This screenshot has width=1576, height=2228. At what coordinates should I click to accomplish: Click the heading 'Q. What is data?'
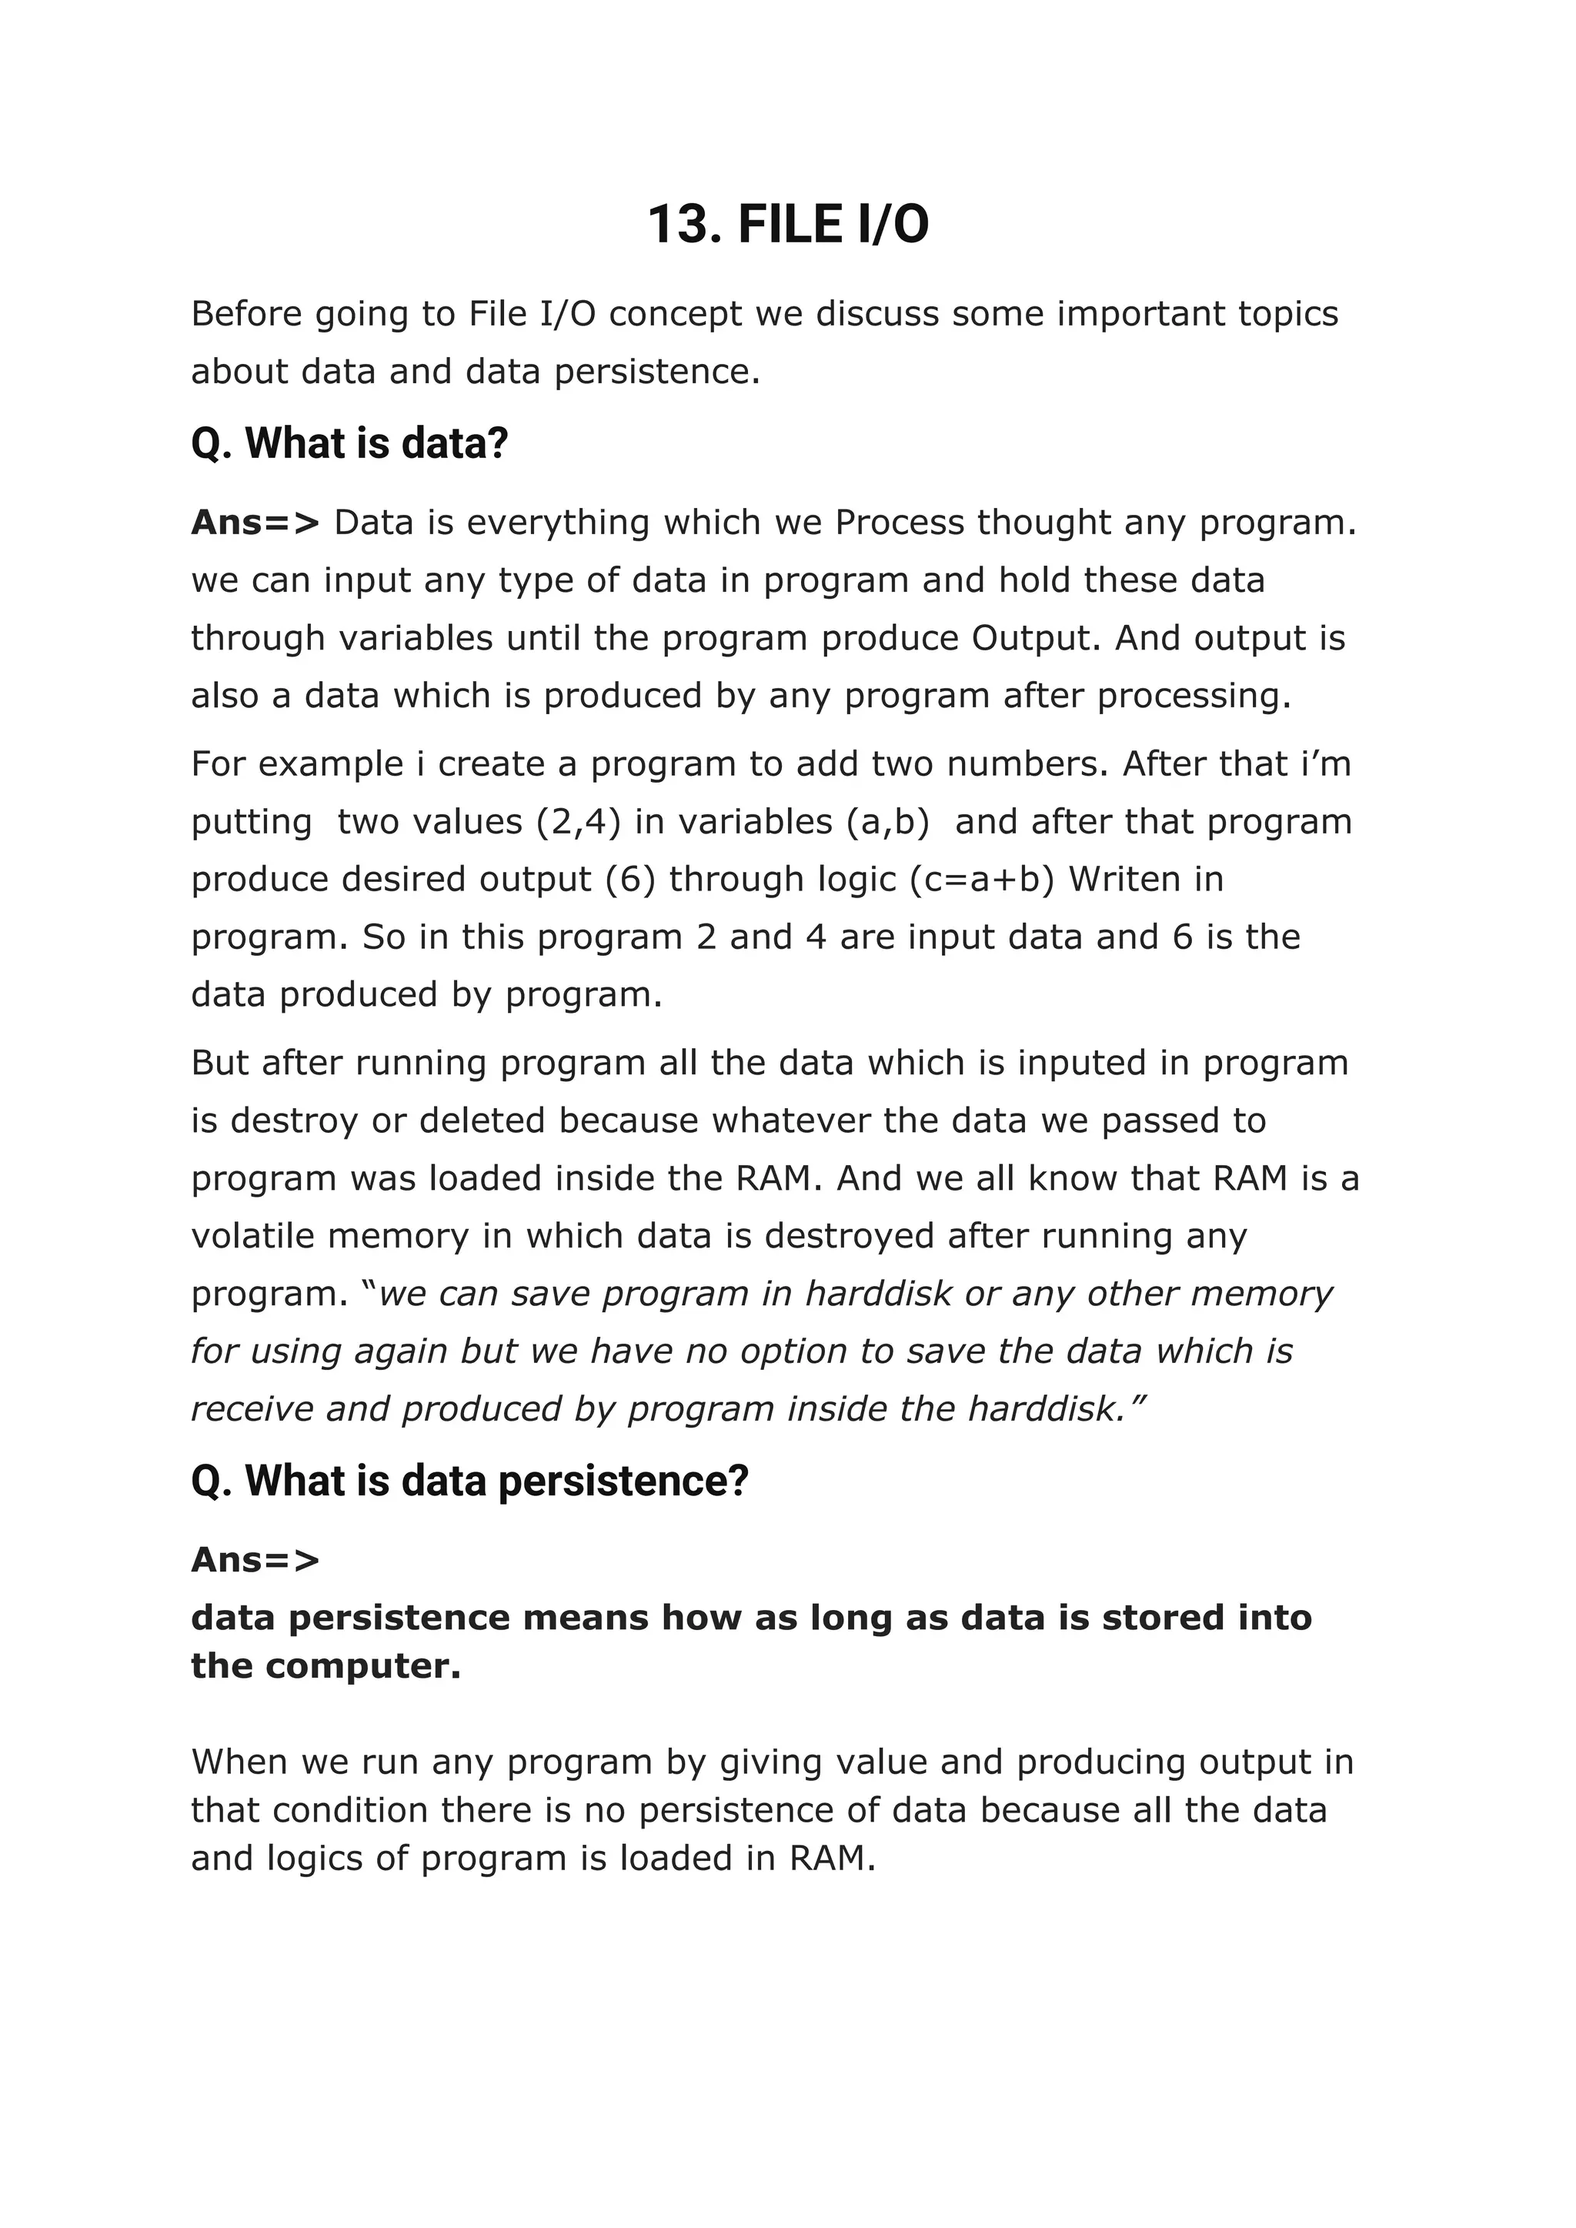pos(349,443)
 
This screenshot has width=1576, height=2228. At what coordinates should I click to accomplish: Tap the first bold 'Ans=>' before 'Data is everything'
pos(254,523)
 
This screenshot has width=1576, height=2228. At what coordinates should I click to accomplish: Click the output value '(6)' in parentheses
pos(631,879)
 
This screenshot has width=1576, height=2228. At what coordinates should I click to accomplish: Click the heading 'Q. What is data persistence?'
pos(469,1481)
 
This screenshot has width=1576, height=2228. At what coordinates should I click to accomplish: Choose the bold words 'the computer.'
pos(326,1666)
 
